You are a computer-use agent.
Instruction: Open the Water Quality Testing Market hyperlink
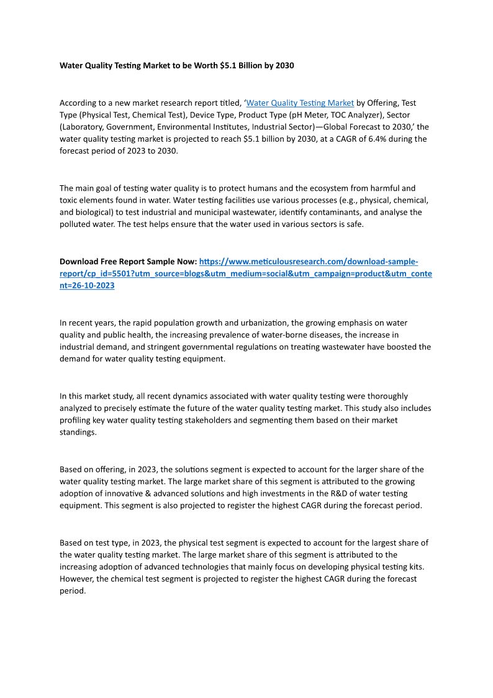[300, 103]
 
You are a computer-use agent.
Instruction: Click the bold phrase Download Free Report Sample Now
[128, 262]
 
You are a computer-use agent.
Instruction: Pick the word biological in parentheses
[97, 212]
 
